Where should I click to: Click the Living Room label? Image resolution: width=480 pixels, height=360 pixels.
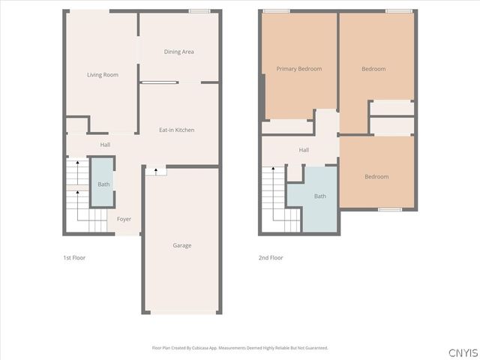click(103, 74)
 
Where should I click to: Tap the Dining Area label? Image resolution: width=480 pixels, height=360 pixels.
click(179, 52)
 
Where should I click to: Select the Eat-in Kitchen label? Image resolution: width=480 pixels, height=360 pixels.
click(177, 130)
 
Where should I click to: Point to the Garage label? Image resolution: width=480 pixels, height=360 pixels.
click(181, 245)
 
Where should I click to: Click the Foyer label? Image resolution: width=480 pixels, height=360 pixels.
click(124, 219)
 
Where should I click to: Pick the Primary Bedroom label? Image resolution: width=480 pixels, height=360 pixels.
click(298, 69)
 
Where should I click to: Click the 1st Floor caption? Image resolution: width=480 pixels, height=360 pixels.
click(73, 258)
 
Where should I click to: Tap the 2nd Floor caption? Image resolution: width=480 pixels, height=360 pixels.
click(271, 258)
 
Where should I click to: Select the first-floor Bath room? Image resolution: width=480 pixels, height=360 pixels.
click(103, 184)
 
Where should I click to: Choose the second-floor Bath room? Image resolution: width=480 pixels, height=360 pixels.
click(320, 196)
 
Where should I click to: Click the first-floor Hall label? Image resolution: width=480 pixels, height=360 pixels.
click(105, 144)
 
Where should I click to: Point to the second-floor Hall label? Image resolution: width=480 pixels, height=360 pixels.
click(304, 150)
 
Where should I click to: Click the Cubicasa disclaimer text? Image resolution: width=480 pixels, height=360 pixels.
click(240, 348)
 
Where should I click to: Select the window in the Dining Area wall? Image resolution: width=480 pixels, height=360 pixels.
click(199, 10)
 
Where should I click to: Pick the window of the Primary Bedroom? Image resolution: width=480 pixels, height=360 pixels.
click(277, 10)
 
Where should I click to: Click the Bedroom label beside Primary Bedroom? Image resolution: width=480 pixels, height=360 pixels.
click(373, 69)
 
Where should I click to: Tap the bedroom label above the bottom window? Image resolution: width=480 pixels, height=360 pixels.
click(376, 177)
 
